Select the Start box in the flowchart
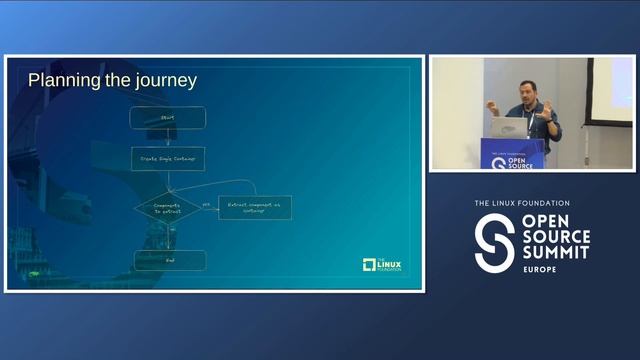click(169, 117)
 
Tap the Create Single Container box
click(169, 158)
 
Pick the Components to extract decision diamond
click(168, 206)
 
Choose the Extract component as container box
click(255, 206)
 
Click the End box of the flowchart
click(169, 260)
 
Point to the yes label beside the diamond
click(206, 203)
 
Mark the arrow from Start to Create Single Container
click(169, 138)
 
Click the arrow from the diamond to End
click(169, 236)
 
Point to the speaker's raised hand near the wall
click(492, 104)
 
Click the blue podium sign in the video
click(512, 154)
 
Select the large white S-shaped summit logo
click(494, 242)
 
